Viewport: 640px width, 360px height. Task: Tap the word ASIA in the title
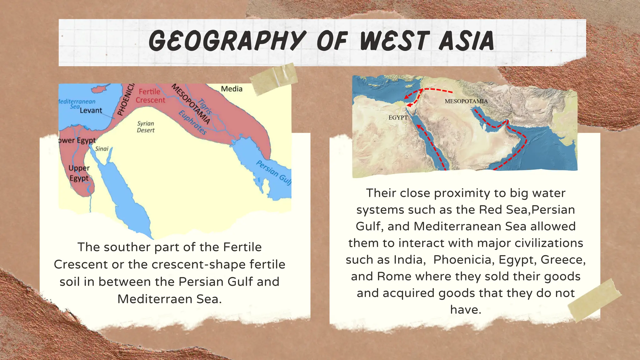pos(466,41)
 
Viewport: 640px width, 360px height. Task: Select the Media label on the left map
pos(232,89)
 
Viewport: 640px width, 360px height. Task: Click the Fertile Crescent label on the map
pos(150,96)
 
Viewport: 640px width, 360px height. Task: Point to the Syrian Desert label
pos(146,127)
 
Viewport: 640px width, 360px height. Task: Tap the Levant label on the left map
pos(91,110)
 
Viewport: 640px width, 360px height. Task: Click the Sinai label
pos(102,149)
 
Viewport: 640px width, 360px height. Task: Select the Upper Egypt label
pos(79,173)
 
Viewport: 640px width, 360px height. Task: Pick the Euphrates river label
pos(192,122)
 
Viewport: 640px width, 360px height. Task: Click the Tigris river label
pos(205,107)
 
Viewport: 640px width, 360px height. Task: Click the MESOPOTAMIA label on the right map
pos(466,101)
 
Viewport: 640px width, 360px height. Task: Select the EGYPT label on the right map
pos(398,117)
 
